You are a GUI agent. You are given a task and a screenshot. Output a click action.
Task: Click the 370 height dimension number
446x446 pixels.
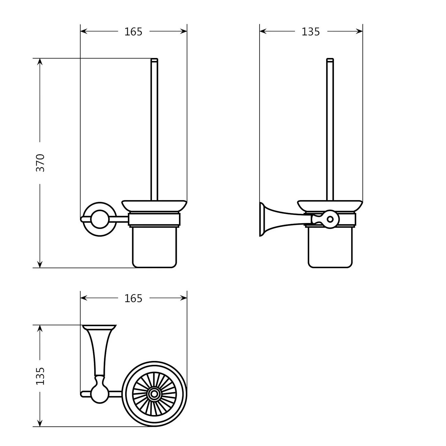point(40,163)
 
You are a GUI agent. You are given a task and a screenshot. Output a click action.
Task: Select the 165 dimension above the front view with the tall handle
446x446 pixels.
point(133,32)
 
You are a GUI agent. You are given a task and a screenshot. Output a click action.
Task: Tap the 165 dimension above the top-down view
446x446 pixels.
point(133,298)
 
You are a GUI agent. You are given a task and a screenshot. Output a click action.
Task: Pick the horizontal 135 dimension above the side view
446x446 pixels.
point(310,32)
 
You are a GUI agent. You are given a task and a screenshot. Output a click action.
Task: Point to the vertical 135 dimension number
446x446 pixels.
point(40,376)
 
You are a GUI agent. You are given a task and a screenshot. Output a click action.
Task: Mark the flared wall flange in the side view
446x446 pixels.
point(263,219)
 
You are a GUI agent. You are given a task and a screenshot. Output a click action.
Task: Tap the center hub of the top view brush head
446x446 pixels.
point(154,394)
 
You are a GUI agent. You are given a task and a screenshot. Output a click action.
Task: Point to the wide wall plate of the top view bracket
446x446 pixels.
point(99,327)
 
